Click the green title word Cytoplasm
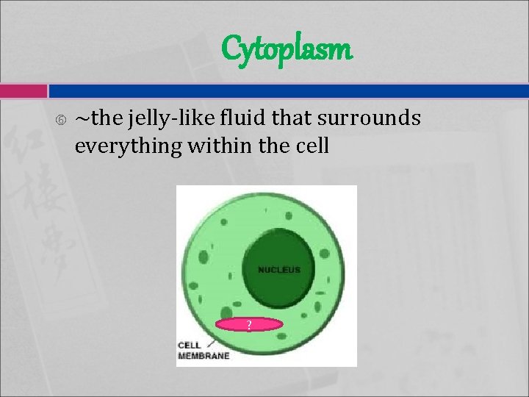[287, 50]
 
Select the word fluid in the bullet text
[237, 118]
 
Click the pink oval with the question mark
[249, 324]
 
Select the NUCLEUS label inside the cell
[279, 270]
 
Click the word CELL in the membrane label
[190, 344]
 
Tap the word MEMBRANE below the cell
[204, 356]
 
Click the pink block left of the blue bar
[23, 90]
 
